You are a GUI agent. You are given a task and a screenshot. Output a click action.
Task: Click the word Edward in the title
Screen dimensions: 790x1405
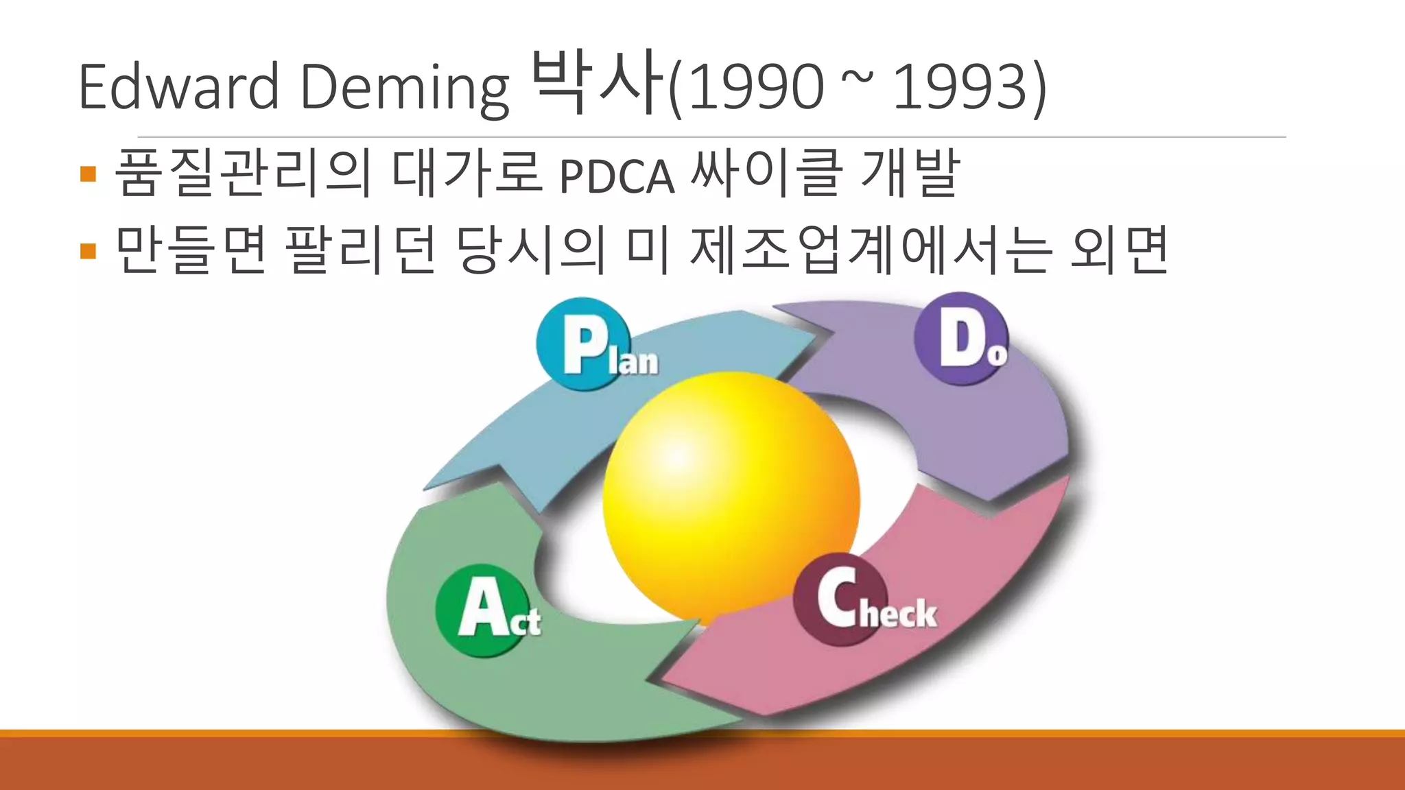click(x=178, y=86)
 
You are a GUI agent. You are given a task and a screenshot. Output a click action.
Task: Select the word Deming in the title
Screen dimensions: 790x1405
click(x=405, y=88)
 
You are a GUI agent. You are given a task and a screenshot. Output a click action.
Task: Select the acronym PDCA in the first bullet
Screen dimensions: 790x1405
click(x=617, y=177)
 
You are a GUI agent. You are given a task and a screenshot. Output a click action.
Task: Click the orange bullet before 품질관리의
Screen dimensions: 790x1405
click(x=88, y=173)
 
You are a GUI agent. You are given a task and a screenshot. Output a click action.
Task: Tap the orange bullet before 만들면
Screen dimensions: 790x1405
click(x=88, y=251)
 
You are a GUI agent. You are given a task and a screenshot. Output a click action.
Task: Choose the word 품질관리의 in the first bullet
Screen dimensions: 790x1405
click(x=244, y=173)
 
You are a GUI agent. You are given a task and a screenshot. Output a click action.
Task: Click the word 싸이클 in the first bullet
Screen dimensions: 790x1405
click(x=765, y=173)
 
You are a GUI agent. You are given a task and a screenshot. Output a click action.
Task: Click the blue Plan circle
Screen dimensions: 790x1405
click(x=583, y=344)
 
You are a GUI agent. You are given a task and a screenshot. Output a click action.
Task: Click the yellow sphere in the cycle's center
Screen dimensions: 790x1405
click(x=731, y=497)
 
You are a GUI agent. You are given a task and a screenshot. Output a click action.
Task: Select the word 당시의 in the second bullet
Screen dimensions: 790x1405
click(x=532, y=250)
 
